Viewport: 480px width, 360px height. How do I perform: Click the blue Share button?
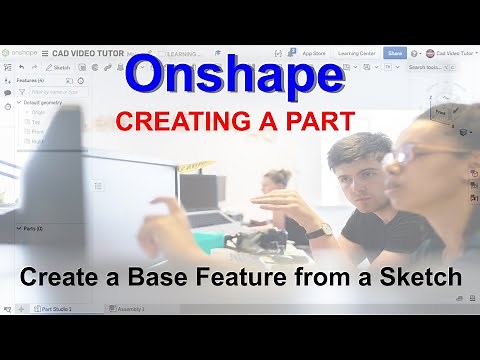(395, 52)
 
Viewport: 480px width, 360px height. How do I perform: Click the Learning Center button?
(356, 52)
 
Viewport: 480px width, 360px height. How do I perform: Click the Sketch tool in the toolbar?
(59, 67)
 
